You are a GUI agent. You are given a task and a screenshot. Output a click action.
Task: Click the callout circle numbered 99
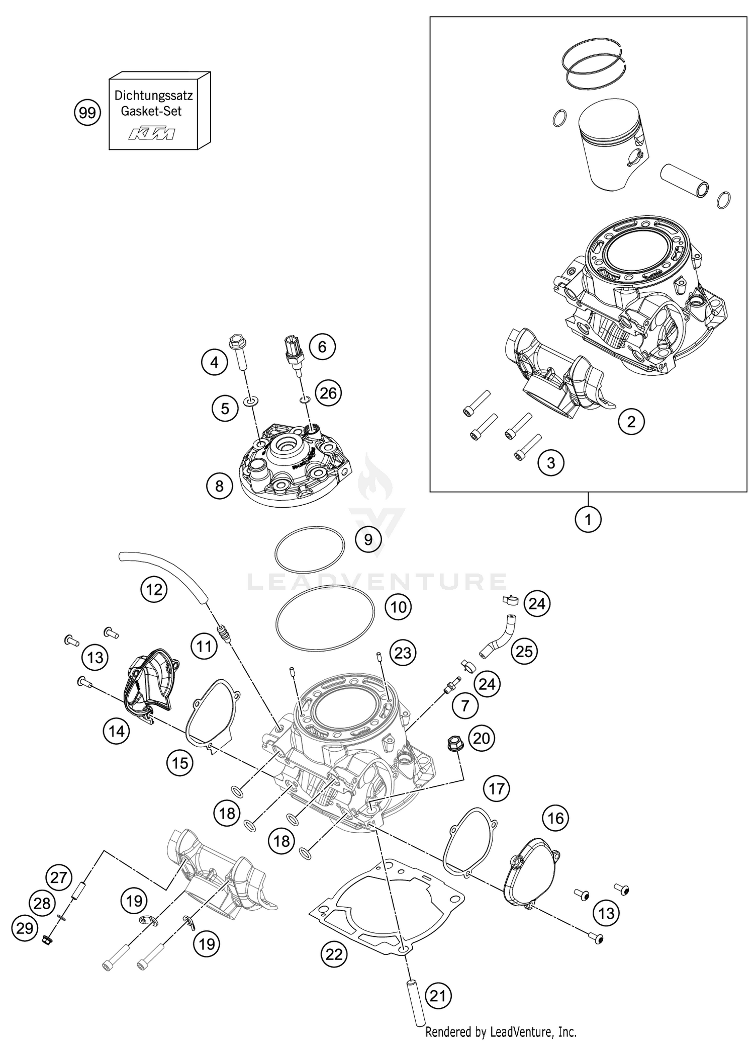click(87, 113)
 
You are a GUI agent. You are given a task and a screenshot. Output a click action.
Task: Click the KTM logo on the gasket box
click(152, 134)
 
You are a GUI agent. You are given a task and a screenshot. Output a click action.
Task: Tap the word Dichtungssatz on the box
click(153, 95)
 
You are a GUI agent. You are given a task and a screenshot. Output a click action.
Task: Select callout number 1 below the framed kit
click(588, 519)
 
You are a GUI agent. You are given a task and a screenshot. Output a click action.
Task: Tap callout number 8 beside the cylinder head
click(219, 486)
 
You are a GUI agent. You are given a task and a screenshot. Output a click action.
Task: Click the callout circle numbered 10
click(398, 606)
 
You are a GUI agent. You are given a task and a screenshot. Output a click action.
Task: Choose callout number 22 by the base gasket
click(334, 954)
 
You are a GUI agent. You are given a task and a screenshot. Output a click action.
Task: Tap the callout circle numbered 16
click(556, 818)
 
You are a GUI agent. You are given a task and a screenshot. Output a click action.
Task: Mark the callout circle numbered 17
click(497, 788)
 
